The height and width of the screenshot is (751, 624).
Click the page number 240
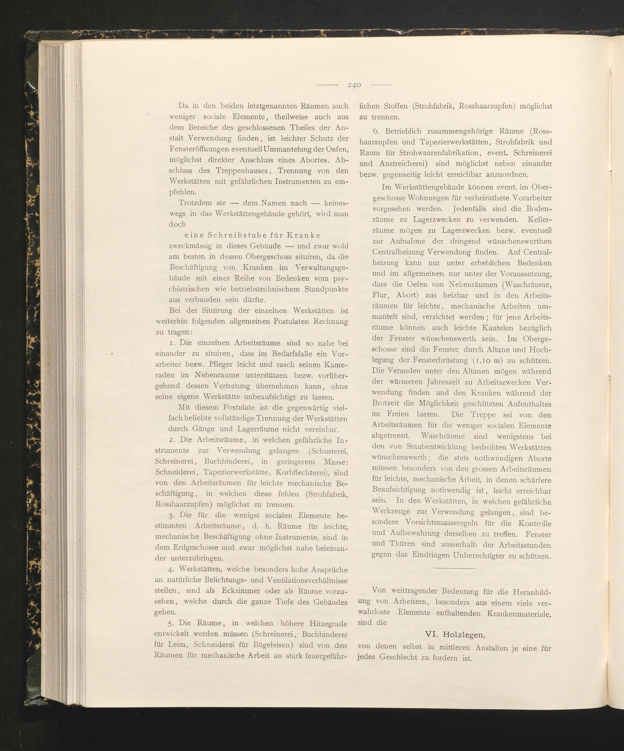[x=354, y=85]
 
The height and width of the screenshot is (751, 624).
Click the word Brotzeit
[x=386, y=404]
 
